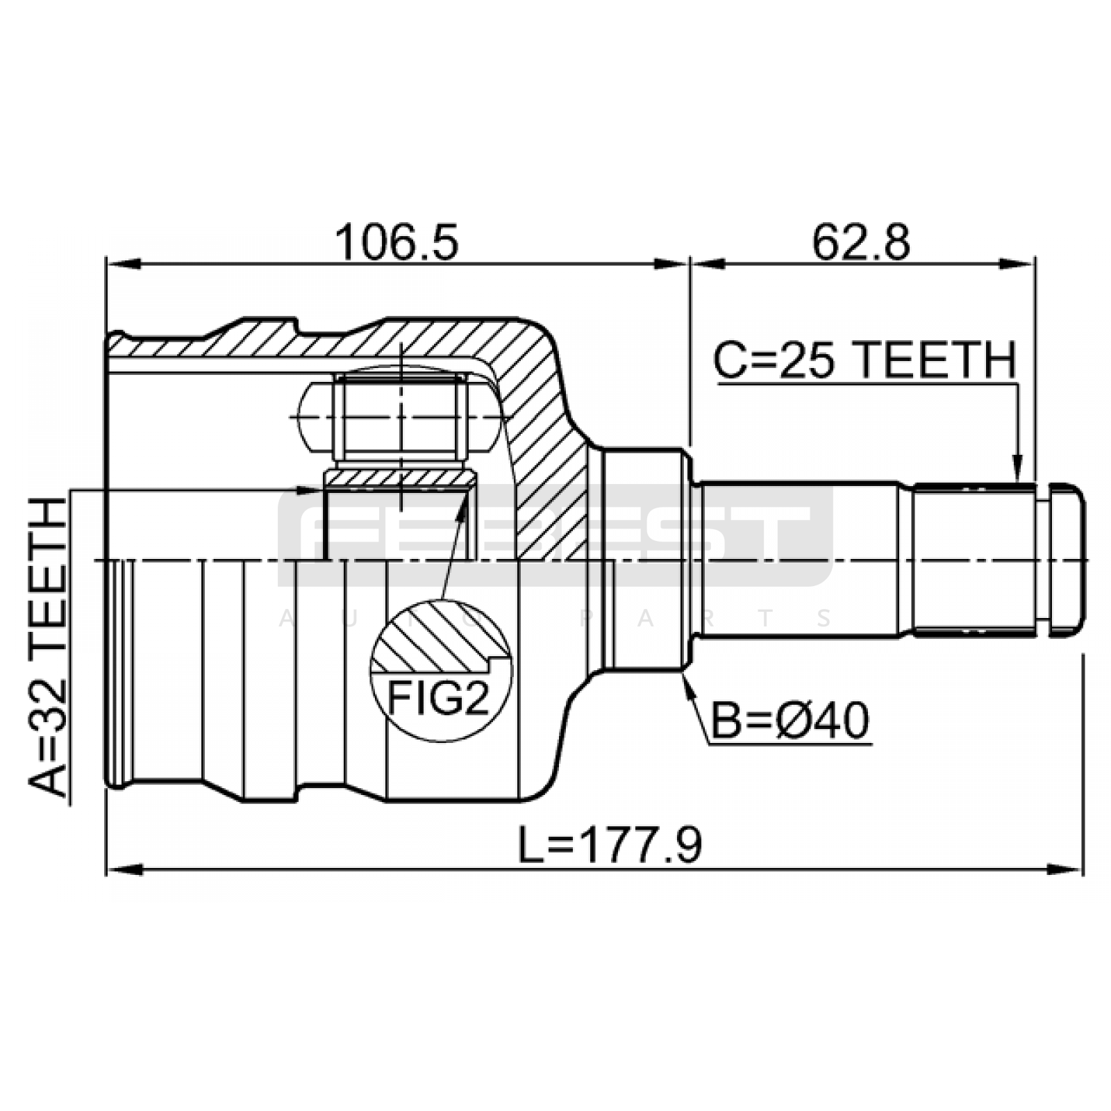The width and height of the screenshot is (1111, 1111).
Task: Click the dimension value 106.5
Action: (x=396, y=242)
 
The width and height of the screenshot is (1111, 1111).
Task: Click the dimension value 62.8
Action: (x=860, y=242)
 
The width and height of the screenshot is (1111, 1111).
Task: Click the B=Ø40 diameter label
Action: (x=790, y=720)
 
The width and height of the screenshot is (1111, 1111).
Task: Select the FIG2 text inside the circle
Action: (x=438, y=697)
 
